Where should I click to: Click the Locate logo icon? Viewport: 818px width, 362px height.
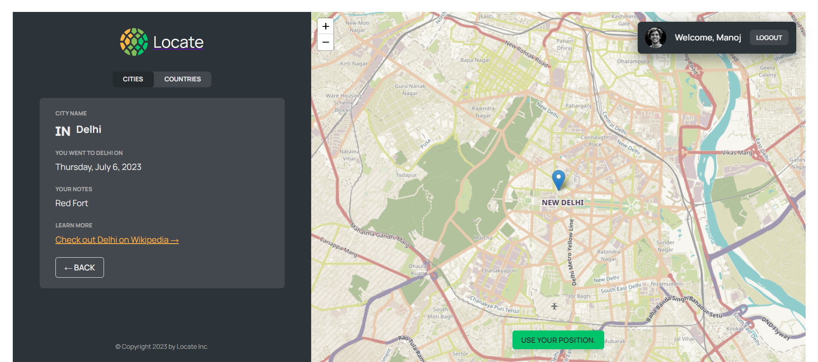point(134,42)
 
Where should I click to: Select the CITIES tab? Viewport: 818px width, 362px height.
point(133,79)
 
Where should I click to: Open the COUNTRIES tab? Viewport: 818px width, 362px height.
point(182,79)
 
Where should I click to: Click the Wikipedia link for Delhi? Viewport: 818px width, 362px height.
point(117,240)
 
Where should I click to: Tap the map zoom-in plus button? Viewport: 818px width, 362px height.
point(326,26)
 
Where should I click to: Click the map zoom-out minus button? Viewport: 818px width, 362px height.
point(326,43)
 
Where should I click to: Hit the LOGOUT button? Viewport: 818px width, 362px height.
point(769,37)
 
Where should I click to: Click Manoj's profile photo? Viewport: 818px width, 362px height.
point(656,37)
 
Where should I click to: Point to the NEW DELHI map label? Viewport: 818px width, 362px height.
point(563,203)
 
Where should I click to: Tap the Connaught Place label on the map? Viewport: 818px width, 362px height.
point(595,141)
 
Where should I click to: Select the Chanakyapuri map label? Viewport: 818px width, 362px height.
point(499,270)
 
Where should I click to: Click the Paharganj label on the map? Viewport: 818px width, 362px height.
point(578,106)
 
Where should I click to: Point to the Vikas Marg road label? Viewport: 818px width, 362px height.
point(737,152)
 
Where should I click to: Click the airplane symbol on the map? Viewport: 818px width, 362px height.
point(554,306)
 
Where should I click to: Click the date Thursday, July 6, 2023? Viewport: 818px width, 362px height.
point(98,167)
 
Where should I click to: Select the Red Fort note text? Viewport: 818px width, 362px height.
point(72,203)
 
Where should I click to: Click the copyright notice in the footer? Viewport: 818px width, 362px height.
point(162,347)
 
